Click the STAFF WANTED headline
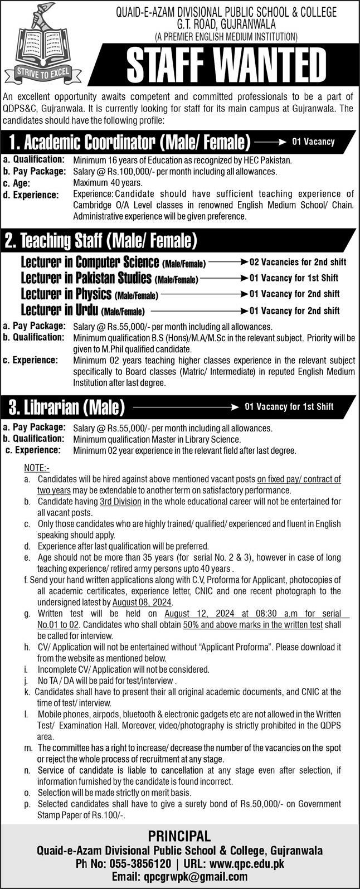(226, 66)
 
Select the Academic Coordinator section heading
(128, 143)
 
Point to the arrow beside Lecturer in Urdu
(197, 310)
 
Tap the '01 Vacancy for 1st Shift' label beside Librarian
(289, 406)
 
